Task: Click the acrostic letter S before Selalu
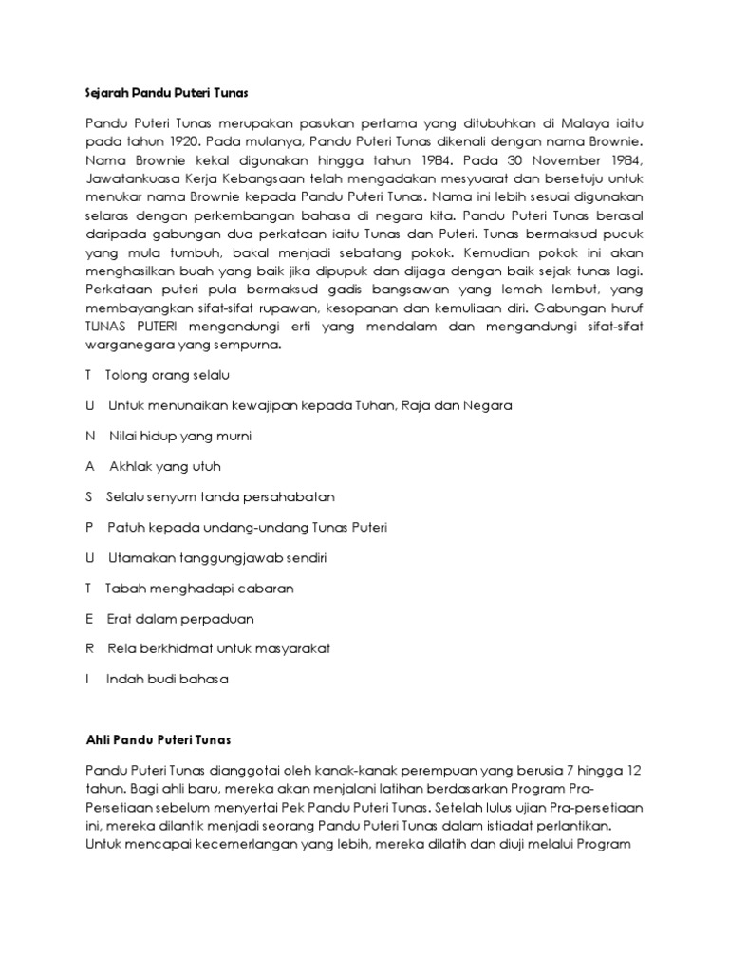tap(89, 497)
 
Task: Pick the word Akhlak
tap(130, 467)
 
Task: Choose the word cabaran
tap(262, 589)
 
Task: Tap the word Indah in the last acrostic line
tap(124, 680)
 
